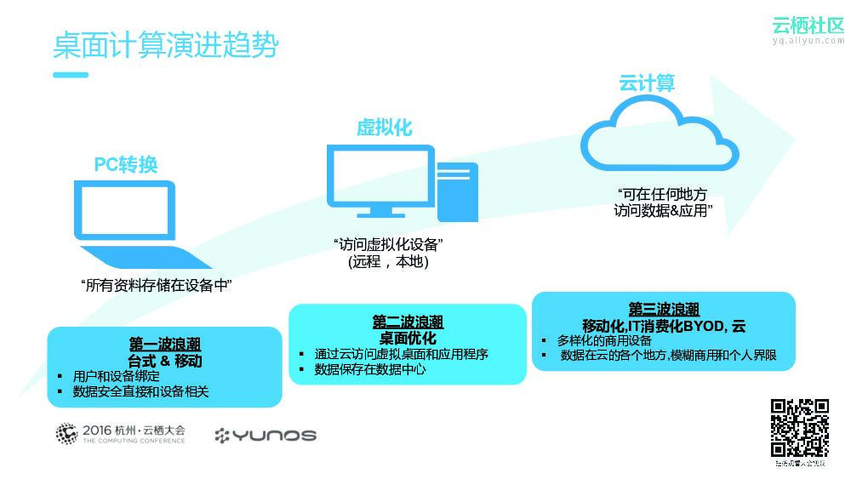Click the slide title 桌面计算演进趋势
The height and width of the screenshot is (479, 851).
click(x=165, y=46)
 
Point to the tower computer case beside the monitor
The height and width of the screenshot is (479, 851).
click(x=457, y=192)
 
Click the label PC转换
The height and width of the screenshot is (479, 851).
click(x=126, y=164)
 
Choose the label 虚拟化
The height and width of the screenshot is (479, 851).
click(x=384, y=128)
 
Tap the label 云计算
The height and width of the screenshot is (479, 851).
click(x=647, y=83)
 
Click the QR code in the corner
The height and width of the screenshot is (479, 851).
click(x=799, y=428)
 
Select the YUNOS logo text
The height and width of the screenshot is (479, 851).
click(x=266, y=436)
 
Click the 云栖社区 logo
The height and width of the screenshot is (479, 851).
click(x=808, y=27)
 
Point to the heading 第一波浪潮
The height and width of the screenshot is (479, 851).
click(x=164, y=345)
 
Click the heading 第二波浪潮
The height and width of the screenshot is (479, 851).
click(x=408, y=322)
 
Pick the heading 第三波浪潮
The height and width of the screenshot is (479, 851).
click(x=664, y=309)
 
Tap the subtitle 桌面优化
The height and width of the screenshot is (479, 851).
click(x=408, y=338)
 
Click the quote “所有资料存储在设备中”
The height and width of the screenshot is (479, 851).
click(x=157, y=286)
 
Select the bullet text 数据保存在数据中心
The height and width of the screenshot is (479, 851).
click(x=370, y=370)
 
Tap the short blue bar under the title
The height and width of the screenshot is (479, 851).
click(x=71, y=75)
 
